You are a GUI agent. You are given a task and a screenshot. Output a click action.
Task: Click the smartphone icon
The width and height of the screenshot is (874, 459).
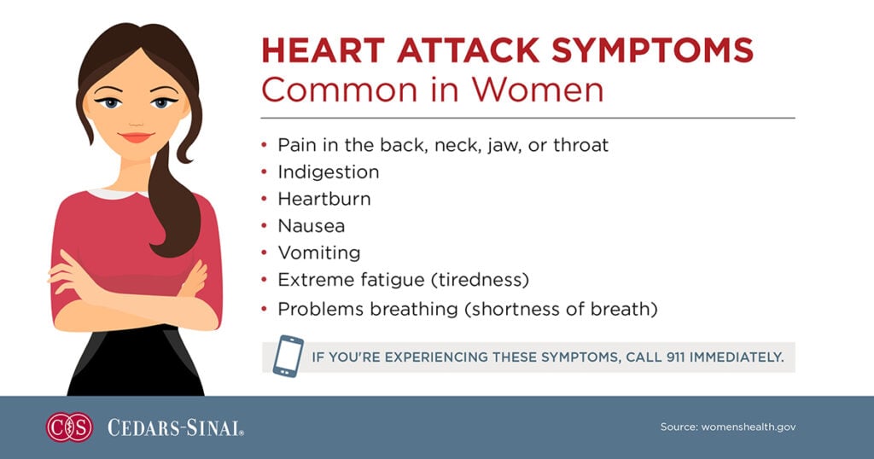[x=288, y=356]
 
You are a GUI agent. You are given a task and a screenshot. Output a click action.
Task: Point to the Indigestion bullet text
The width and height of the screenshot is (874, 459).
[x=328, y=171]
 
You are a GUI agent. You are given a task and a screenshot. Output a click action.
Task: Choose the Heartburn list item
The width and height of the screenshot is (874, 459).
[x=323, y=199]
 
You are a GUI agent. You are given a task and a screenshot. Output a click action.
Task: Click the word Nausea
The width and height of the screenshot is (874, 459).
[x=312, y=226]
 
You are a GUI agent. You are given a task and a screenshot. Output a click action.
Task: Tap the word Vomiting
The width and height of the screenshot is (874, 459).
[x=318, y=253]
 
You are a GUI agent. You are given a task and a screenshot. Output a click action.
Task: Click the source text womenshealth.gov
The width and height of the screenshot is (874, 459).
[x=749, y=427]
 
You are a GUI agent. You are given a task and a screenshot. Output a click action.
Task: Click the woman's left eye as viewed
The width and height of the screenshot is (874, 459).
[x=110, y=103]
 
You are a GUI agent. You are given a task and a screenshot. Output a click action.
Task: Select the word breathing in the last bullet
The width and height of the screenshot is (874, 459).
[x=413, y=309]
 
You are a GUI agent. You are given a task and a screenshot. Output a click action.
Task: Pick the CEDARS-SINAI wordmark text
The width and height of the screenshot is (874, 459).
[x=175, y=427]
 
